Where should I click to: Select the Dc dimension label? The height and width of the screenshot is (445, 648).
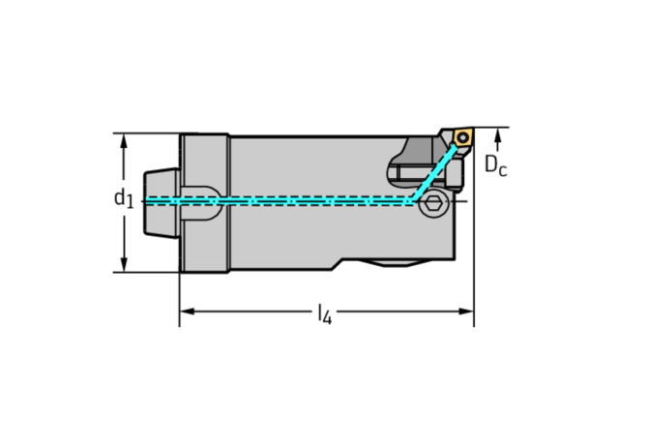click(495, 166)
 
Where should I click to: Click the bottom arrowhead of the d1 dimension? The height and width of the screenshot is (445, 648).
click(124, 266)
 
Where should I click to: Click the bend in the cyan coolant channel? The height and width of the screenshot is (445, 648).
click(413, 200)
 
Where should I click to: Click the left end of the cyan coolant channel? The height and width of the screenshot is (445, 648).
click(146, 201)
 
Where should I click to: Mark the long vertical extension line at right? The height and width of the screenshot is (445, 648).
click(474, 232)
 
